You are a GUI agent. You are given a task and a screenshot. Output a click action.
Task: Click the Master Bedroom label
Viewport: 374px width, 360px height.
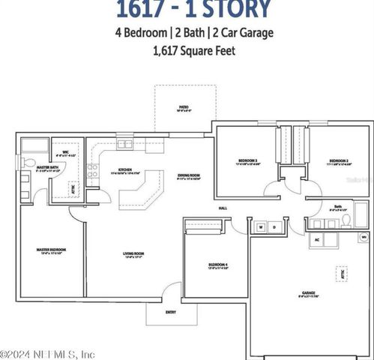[x=52, y=249]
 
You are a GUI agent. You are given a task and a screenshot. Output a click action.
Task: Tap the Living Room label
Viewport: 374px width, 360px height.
[x=134, y=253]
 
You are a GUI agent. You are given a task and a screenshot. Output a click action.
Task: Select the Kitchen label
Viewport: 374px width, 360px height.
[x=125, y=169]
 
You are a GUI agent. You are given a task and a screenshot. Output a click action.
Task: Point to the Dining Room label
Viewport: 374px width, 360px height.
[x=188, y=175]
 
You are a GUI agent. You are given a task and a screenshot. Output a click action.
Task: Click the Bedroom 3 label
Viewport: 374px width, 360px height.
[x=248, y=160]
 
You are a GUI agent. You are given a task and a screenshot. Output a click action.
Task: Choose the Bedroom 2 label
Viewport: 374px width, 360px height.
[x=340, y=160]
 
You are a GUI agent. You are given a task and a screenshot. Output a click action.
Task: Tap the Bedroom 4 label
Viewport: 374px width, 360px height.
[x=217, y=265]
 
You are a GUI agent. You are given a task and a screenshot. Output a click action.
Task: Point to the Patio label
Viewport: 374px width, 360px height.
[x=184, y=108]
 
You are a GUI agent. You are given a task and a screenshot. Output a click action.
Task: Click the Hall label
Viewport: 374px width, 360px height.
[x=223, y=208]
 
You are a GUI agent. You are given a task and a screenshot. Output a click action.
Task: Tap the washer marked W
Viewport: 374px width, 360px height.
[x=261, y=226]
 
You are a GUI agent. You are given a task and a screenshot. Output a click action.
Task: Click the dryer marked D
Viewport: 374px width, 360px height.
[x=274, y=226]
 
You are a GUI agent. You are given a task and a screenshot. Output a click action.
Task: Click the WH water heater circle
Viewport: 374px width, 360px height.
[x=364, y=237]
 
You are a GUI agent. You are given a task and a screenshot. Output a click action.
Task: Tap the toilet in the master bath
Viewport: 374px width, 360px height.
[x=28, y=163]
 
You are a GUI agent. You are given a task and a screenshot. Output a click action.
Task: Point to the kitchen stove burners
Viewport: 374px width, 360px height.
[x=93, y=170]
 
